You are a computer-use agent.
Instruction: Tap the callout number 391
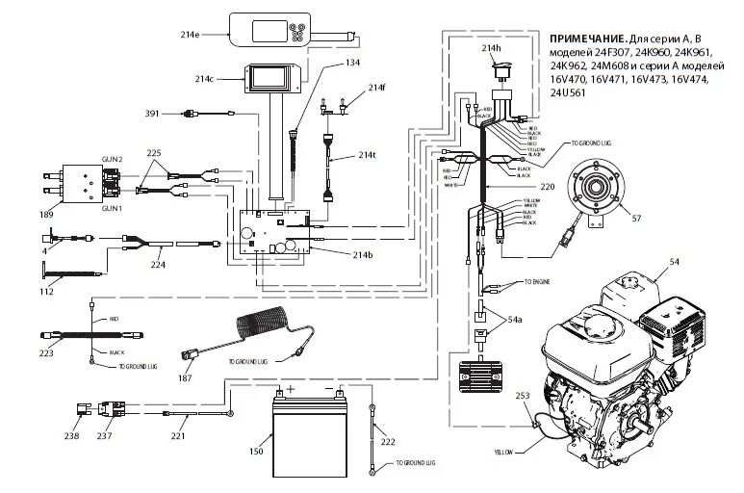pos(151,114)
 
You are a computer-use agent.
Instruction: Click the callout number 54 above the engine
pos(673,261)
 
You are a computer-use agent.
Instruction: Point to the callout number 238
pos(71,436)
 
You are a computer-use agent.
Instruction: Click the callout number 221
pos(178,436)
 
